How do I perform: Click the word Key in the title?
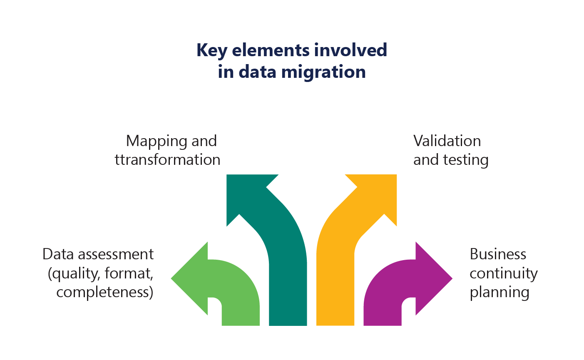click(211, 51)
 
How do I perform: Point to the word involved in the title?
click(350, 50)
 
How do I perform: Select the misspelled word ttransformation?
click(167, 160)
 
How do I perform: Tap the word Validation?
click(447, 141)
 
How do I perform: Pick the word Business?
click(498, 254)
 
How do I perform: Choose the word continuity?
click(503, 273)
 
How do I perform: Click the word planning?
click(500, 292)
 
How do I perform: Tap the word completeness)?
click(105, 292)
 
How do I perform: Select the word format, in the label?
click(129, 273)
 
